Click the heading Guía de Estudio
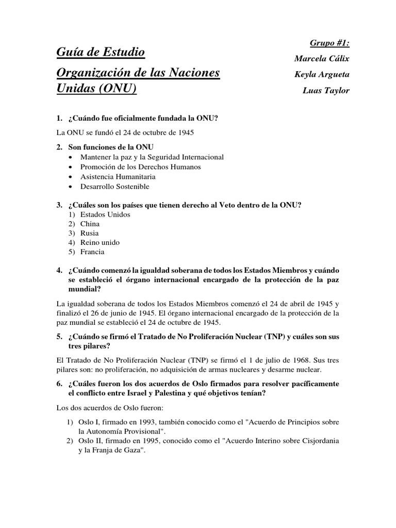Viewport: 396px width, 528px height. tap(101, 52)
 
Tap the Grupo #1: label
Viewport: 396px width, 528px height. tap(331, 44)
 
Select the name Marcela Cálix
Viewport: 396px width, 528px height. tap(322, 59)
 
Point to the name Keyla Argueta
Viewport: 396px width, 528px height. tap(322, 74)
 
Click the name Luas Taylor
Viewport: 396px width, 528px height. tap(326, 90)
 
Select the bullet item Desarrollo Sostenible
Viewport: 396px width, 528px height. tap(114, 186)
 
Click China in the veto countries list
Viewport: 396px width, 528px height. tap(90, 224)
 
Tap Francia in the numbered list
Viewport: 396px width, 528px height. tap(92, 252)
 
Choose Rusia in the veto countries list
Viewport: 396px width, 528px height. tap(89, 233)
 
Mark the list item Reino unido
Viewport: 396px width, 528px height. tap(100, 242)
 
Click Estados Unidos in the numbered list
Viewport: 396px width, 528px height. tap(105, 214)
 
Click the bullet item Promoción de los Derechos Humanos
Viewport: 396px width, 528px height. tap(140, 167)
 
